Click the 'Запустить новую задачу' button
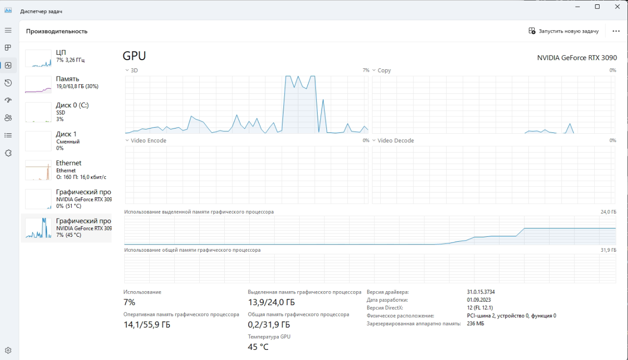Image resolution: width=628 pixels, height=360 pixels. pos(564,31)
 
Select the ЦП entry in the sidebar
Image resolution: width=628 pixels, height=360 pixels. pos(67,56)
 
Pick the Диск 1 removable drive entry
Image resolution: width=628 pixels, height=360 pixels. pos(67,141)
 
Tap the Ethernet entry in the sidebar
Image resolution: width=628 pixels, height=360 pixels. pos(67,169)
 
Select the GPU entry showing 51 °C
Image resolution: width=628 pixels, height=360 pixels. pos(67,199)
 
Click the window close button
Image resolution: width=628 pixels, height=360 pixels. pos(617,7)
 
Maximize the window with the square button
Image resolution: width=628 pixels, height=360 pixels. pos(597,7)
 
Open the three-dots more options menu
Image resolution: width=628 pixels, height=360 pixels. pos(616,31)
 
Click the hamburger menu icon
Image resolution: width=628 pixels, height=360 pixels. pos(8,30)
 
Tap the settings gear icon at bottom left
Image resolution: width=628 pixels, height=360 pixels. pos(8,350)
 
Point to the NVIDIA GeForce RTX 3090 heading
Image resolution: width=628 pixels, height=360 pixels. pos(577,58)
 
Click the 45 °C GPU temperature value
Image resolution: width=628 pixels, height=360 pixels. pos(258,347)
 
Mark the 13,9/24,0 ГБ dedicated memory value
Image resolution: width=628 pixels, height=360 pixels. pos(271,302)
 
